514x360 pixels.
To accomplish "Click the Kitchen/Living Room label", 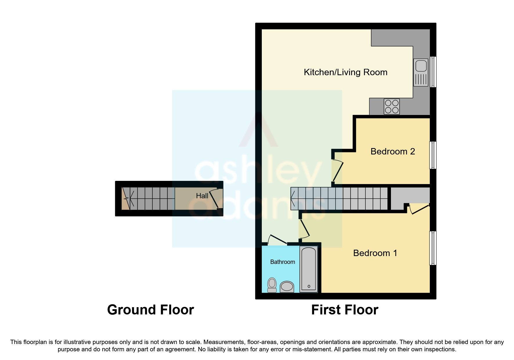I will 345,72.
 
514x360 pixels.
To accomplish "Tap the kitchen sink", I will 421,72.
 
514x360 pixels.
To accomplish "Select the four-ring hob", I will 392,107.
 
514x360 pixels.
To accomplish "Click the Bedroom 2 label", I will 392,152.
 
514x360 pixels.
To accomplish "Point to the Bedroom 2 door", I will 338,171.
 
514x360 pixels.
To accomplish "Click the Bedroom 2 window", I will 433,155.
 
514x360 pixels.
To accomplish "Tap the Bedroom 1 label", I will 375,253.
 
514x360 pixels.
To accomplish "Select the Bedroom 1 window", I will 433,248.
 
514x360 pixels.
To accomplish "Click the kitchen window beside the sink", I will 433,72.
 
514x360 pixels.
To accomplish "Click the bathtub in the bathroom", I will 309,269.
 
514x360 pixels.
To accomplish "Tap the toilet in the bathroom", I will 272,285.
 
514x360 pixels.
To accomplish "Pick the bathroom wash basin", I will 287,287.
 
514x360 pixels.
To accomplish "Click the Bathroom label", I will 282,262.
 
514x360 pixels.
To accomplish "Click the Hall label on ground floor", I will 202,196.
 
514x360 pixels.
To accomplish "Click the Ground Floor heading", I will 150,310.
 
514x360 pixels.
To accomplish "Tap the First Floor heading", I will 345,310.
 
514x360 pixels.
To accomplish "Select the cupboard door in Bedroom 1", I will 420,209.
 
